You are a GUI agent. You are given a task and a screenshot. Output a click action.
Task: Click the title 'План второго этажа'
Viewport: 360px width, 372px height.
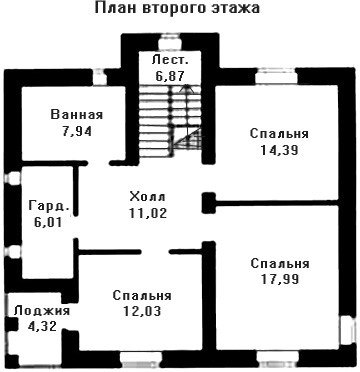click(177, 9)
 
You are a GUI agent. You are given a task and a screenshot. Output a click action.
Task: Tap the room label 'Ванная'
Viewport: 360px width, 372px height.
click(77, 115)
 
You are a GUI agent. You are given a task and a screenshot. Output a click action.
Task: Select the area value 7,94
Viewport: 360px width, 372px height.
click(77, 131)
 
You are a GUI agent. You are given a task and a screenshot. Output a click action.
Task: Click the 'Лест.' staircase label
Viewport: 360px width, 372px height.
click(171, 61)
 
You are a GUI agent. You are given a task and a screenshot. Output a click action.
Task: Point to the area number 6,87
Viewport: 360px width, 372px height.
click(170, 76)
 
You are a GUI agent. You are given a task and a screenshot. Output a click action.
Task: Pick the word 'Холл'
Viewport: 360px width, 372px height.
click(147, 196)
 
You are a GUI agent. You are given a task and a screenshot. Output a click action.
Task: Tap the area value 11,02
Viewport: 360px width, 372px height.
click(148, 212)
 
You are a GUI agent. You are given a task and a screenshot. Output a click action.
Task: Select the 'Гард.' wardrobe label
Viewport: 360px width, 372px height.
click(49, 206)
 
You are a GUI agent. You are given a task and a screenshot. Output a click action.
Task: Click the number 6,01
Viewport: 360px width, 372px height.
click(47, 222)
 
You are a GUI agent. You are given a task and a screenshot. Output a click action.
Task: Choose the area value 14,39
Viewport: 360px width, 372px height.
click(279, 150)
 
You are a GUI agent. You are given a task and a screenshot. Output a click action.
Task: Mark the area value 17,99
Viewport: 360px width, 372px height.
click(280, 279)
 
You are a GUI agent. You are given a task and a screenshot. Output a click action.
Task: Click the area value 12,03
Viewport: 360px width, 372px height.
click(142, 311)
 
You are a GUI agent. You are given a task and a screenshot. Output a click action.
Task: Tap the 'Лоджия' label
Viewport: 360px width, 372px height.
click(42, 311)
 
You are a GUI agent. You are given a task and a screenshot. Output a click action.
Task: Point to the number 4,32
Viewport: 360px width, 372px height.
click(42, 326)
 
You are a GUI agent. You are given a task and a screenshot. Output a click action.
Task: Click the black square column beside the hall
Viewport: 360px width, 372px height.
click(209, 203)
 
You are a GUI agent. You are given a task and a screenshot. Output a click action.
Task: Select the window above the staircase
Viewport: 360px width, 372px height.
click(170, 43)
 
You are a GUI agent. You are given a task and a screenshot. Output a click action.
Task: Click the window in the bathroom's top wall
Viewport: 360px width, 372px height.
click(99, 77)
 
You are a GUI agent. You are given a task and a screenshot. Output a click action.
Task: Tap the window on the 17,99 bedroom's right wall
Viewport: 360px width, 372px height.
click(346, 332)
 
